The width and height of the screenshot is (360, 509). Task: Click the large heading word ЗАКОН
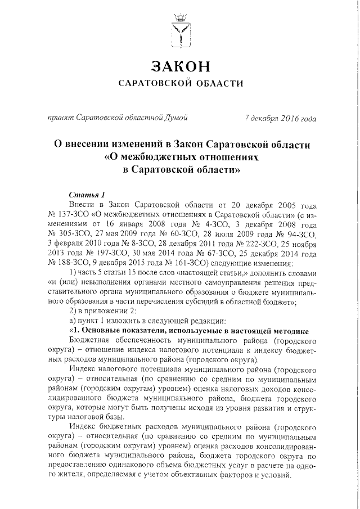tap(181, 65)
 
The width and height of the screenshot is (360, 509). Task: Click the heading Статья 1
tap(83, 193)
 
